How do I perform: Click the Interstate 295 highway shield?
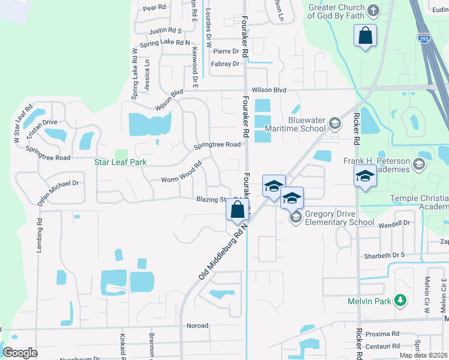423,37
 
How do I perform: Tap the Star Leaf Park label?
121,162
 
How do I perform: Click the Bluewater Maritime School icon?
335,124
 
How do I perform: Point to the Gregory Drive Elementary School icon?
295,217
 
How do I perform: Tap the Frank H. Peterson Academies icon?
419,164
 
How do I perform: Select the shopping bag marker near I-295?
365,36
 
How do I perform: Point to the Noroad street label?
197,326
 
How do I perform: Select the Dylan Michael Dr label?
58,193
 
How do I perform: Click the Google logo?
20,353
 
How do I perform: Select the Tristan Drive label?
41,122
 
